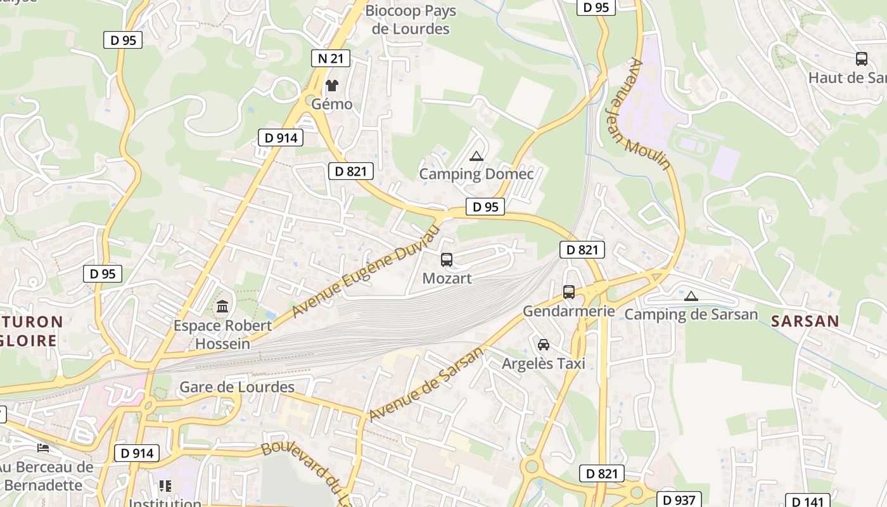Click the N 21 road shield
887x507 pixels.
click(331, 59)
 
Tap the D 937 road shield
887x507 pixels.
click(679, 500)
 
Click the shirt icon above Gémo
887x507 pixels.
click(332, 85)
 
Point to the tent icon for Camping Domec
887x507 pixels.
click(476, 155)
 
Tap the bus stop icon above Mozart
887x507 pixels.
click(447, 259)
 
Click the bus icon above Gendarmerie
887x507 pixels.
click(569, 292)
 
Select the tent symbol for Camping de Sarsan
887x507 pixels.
click(691, 295)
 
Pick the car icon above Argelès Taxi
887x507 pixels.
click(543, 345)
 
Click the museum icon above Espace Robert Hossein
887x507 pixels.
click(222, 307)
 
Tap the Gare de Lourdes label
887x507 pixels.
click(237, 387)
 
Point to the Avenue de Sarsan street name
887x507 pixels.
click(426, 384)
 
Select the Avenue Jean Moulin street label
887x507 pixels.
click(649, 114)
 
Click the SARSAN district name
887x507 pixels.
click(805, 321)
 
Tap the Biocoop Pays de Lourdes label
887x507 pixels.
click(411, 20)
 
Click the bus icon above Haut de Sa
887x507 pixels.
click(862, 59)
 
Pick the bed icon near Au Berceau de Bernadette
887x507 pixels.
click(43, 448)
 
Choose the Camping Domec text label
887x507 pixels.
click(476, 174)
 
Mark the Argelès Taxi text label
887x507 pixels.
click(543, 364)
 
